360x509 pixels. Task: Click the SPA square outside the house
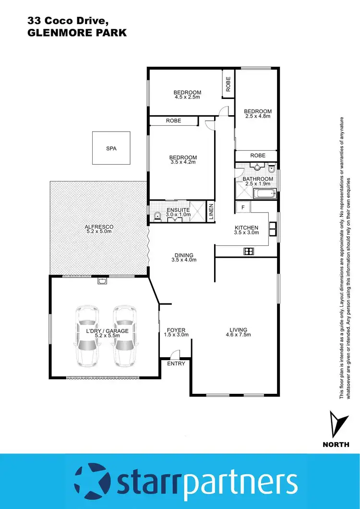[111, 148]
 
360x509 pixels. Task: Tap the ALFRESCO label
[98, 227]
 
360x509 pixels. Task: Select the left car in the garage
[87, 336]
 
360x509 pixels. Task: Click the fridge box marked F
[243, 207]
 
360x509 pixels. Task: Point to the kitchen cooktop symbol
[249, 251]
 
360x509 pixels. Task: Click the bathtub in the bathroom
[264, 195]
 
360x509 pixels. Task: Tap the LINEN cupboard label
[210, 211]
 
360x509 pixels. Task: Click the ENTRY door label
[175, 364]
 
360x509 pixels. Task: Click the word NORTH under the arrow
[336, 444]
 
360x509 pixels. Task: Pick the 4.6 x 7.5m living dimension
[238, 335]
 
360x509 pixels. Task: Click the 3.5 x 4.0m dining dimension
[184, 260]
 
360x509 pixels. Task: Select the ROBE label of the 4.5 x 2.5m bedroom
[228, 85]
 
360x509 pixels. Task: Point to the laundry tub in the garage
[102, 281]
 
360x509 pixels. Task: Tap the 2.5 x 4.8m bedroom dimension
[258, 116]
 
